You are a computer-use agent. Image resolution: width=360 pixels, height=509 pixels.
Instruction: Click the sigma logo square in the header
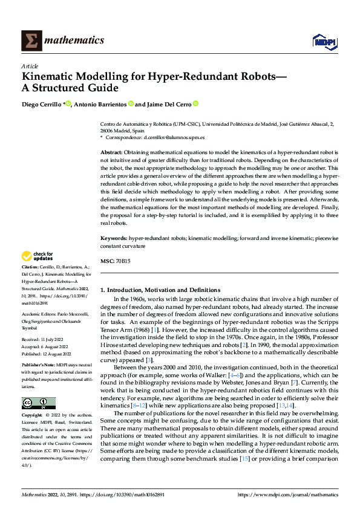pyautogui.click(x=31, y=41)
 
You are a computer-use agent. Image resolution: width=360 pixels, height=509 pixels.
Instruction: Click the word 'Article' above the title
pyautogui.click(x=30, y=66)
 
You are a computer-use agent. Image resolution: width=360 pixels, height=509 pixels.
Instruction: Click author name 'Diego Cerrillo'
pyautogui.click(x=42, y=105)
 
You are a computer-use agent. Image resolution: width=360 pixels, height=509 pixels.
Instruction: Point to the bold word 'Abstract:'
pyautogui.click(x=111, y=152)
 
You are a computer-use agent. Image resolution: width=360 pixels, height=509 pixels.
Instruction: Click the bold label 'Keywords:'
pyautogui.click(x=113, y=239)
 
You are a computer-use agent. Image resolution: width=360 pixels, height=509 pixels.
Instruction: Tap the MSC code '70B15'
pyautogui.click(x=123, y=261)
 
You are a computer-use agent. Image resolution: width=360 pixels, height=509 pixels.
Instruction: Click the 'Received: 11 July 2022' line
pyautogui.click(x=42, y=340)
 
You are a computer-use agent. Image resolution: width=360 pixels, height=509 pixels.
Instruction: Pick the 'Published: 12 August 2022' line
pyautogui.click(x=45, y=355)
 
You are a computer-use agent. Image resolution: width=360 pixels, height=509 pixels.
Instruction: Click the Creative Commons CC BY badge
pyautogui.click(x=38, y=403)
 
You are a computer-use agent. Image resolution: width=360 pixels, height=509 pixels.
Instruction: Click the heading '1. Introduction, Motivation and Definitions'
pyautogui.click(x=160, y=290)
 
